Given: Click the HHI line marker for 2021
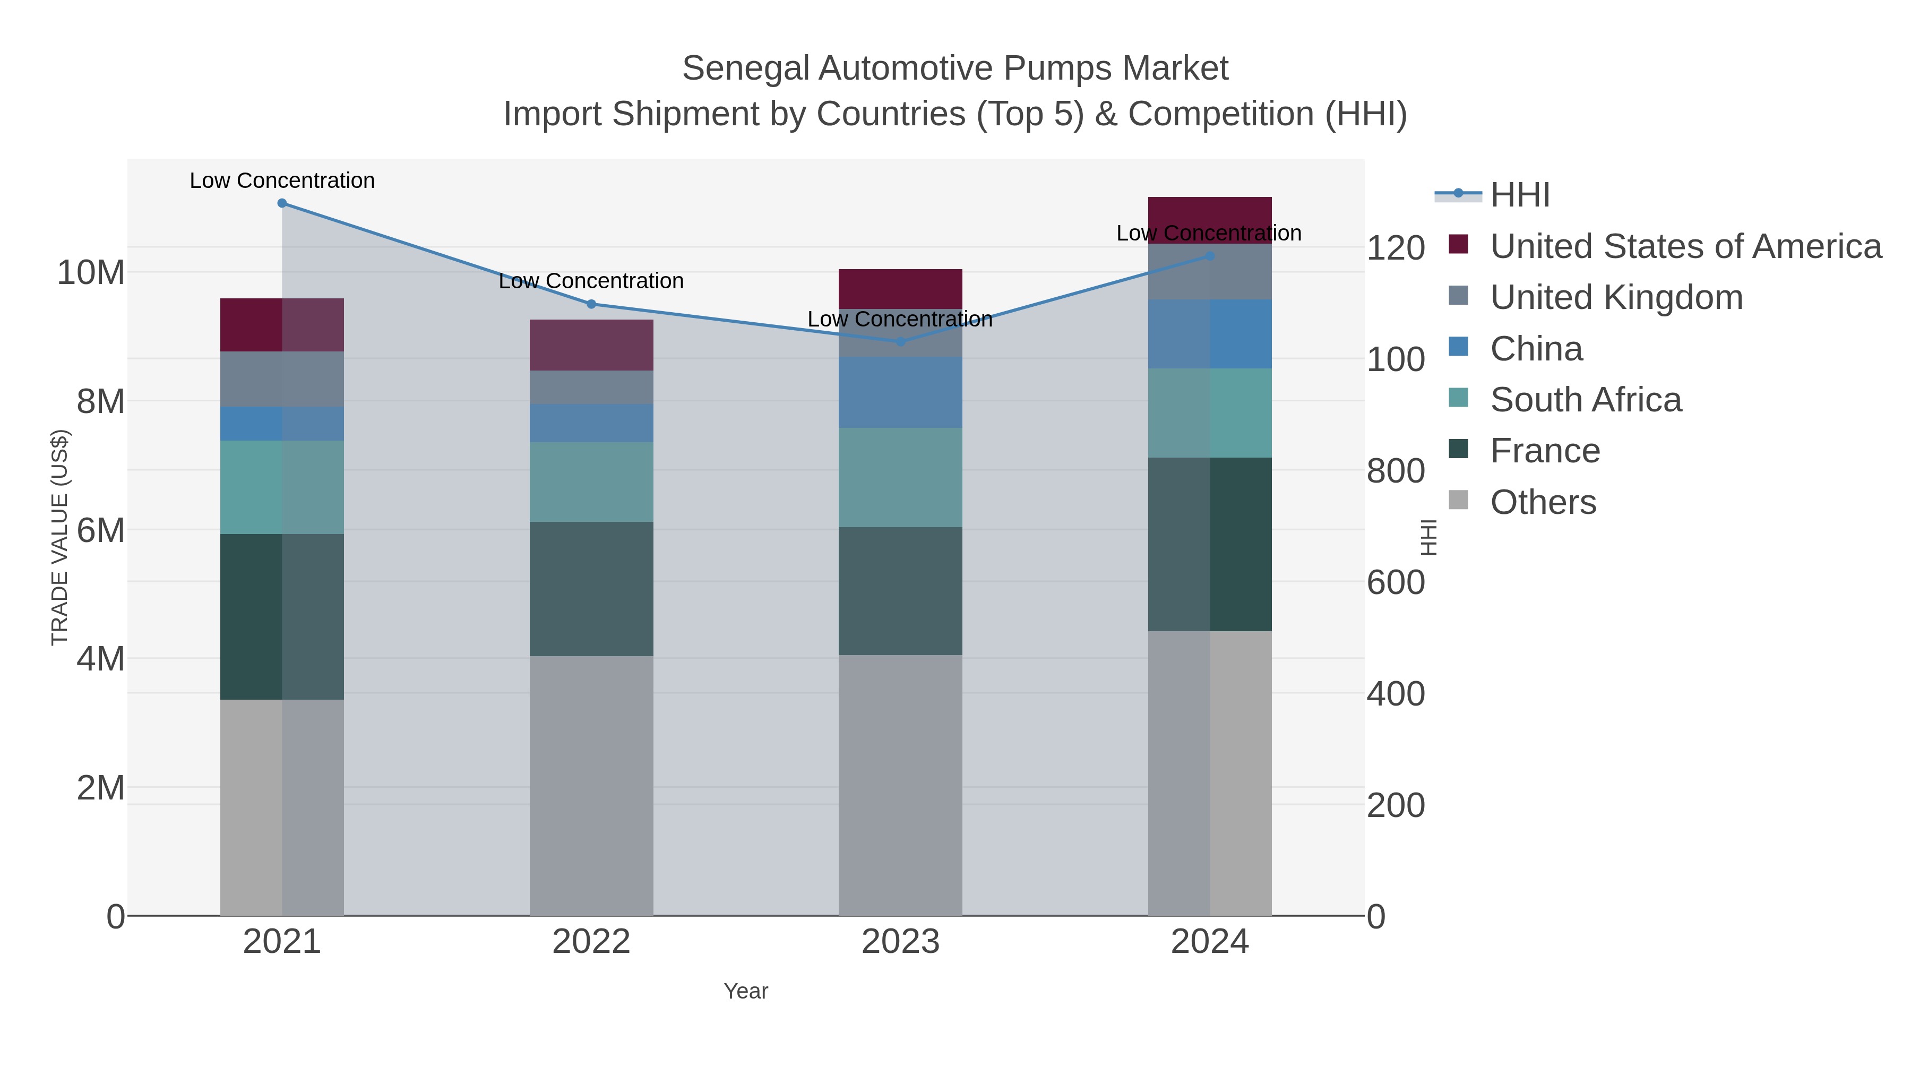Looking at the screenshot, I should tap(282, 203).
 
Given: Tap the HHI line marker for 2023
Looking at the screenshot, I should tap(901, 342).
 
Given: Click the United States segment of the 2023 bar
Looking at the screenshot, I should tap(901, 289).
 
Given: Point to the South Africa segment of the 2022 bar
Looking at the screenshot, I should tap(591, 481).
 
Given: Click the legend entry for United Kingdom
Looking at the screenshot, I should tap(1616, 297).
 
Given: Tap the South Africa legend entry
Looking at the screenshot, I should tap(1585, 400).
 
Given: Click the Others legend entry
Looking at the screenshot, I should tap(1543, 502).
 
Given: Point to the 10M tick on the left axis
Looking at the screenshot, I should tap(90, 273).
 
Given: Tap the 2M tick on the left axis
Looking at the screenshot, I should tap(100, 788).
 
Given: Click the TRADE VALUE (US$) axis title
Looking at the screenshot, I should tap(59, 537).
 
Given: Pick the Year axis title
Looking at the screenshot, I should tap(746, 991).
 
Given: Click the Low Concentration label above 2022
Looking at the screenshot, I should tap(591, 281).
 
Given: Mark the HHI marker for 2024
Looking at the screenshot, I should tap(1210, 256).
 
